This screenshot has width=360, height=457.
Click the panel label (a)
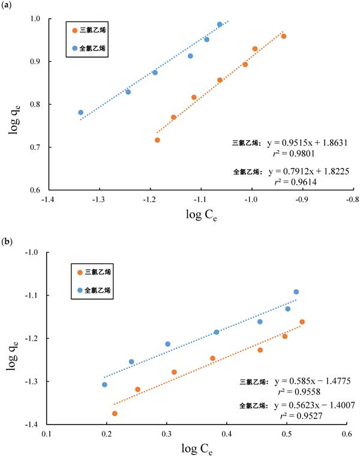pyautogui.click(x=8, y=7)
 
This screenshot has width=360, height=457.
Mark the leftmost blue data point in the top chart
pyautogui.click(x=80, y=112)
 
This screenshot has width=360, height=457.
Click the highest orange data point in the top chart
pyautogui.click(x=284, y=36)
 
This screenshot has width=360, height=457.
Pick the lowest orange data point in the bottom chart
pyautogui.click(x=115, y=413)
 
